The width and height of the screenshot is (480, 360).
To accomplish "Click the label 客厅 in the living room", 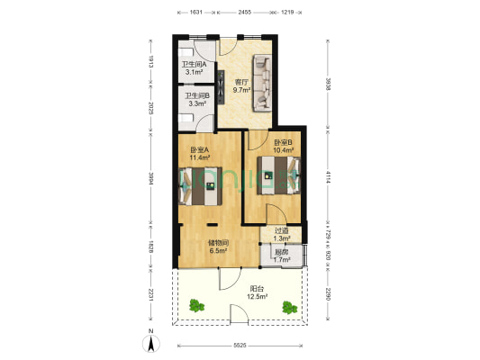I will pyautogui.click(x=240, y=82).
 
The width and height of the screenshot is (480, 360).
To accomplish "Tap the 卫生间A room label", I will pyautogui.click(x=195, y=64).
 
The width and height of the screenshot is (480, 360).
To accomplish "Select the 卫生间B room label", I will pyautogui.click(x=197, y=96).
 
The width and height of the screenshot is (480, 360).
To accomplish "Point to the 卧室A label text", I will pyautogui.click(x=199, y=149).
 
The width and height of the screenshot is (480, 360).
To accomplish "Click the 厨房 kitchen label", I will pyautogui.click(x=281, y=253).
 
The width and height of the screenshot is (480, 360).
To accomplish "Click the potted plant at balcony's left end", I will pyautogui.click(x=195, y=306).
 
